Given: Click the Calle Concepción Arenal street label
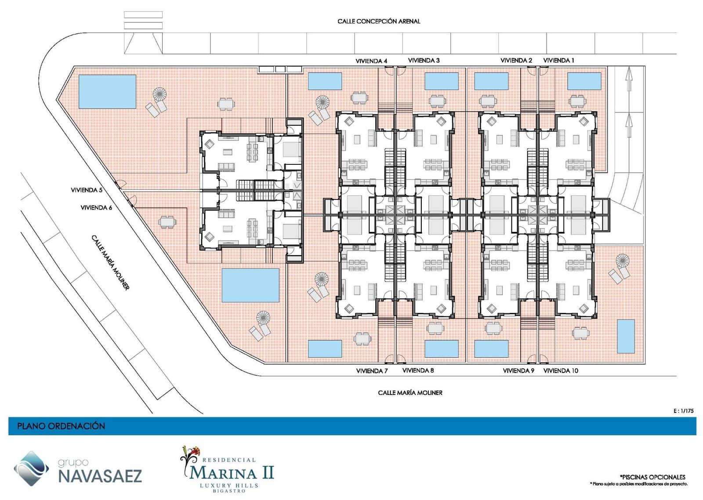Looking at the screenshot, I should (378, 21).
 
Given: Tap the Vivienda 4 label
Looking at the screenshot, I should (371, 61).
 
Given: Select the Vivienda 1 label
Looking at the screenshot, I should (558, 60).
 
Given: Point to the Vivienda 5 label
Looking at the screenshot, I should (87, 190).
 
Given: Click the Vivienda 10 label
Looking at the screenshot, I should (561, 371).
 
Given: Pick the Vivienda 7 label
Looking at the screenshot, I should (372, 371).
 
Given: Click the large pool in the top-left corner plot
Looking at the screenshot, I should (107, 91).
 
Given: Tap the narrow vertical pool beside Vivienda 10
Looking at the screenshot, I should (626, 336).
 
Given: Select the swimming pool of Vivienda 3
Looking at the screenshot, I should (441, 81).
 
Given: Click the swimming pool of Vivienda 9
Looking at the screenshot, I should (491, 349).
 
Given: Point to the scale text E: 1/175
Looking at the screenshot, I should (683, 411).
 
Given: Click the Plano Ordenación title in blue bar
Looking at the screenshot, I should (61, 426).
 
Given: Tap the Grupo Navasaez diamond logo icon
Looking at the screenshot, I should (31, 468).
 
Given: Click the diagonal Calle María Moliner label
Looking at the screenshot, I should (110, 262).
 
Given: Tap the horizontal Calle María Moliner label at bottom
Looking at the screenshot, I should (410, 392).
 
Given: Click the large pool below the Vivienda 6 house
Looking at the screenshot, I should (250, 285).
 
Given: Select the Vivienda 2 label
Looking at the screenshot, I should (516, 60).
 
